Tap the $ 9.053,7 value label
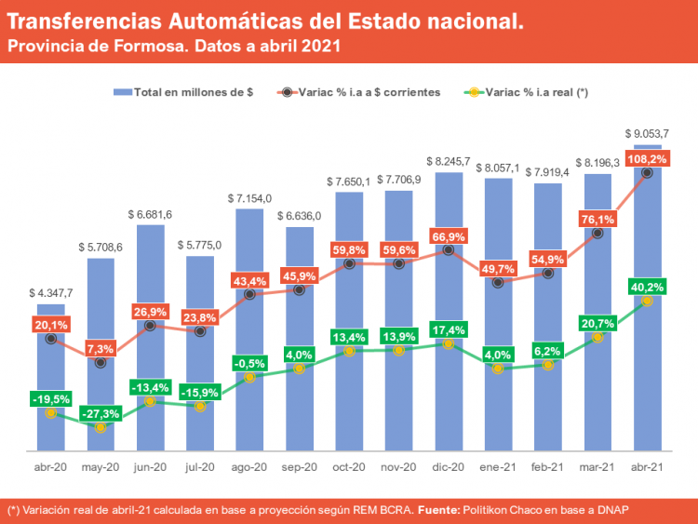(x=648, y=133)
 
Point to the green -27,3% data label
(x=101, y=412)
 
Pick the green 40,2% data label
(x=648, y=286)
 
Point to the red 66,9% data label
(x=449, y=235)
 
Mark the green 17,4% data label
(x=449, y=329)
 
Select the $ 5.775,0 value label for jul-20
(x=200, y=245)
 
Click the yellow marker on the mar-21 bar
(x=597, y=336)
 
